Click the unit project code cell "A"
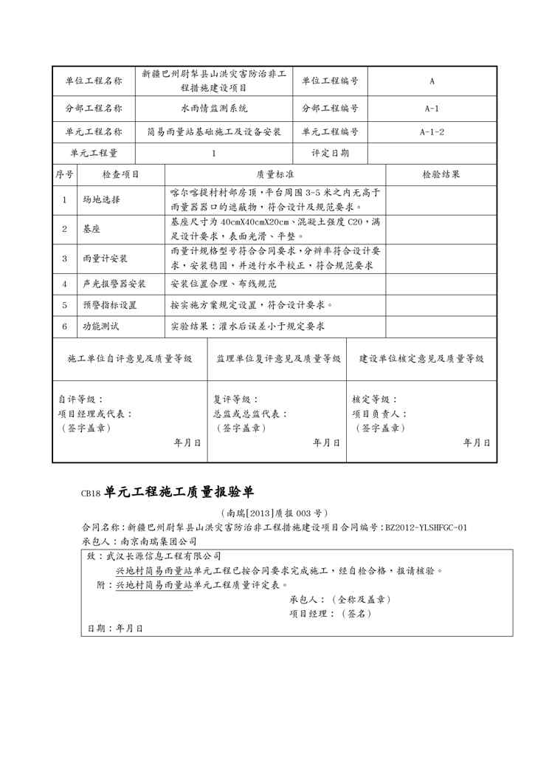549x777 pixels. pos(432,82)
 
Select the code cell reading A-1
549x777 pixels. pos(432,109)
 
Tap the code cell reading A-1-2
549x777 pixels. pos(432,132)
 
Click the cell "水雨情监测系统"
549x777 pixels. pos(214,109)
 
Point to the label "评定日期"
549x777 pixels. pos(331,154)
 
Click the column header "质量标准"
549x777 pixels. pos(275,175)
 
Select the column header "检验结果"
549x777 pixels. pos(441,175)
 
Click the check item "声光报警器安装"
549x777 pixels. pos(114,284)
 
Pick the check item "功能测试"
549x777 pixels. pos(101,326)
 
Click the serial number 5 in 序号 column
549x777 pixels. pos(64,305)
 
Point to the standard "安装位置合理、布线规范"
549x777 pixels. pos(223,284)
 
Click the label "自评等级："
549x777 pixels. pos(81,400)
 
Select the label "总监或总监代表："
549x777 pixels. pos(250,414)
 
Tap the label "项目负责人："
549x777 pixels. pos(379,414)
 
